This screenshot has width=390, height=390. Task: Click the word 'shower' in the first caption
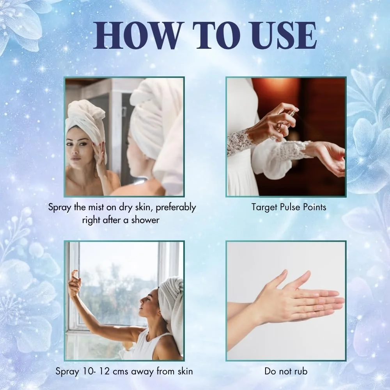(145, 220)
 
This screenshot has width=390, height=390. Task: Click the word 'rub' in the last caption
(301, 371)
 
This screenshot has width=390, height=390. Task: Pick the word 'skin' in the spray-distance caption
(185, 371)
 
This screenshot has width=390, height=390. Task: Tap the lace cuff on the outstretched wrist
(295, 149)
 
